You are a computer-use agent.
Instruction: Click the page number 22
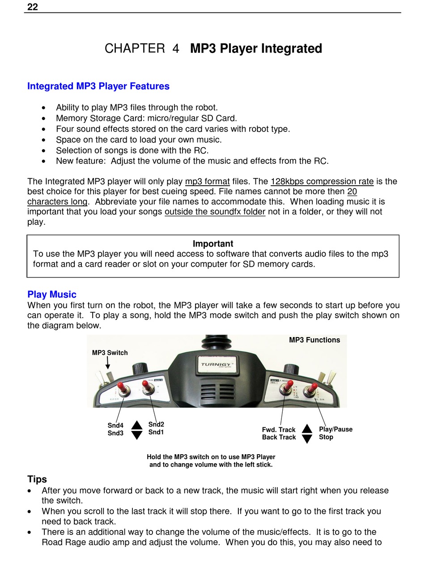[33, 7]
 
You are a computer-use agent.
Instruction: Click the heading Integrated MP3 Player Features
[98, 86]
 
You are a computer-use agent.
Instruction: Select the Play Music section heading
[52, 294]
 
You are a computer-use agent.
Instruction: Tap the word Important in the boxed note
[213, 243]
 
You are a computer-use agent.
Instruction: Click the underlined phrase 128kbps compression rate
[322, 181]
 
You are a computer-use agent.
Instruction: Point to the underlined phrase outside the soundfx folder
[215, 212]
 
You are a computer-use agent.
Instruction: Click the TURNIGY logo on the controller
[216, 364]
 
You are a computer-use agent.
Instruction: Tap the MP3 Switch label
[110, 353]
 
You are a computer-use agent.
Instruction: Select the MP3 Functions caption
[314, 340]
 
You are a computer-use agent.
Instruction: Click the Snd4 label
[115, 426]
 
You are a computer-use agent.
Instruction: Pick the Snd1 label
[156, 432]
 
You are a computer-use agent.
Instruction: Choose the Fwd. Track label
[279, 430]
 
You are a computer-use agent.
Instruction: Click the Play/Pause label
[336, 429]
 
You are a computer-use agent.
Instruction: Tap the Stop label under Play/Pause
[326, 437]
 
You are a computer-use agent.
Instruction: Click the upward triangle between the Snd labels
[137, 425]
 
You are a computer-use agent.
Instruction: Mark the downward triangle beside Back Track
[307, 439]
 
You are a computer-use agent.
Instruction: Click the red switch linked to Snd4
[121, 387]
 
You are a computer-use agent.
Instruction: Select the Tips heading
[37, 479]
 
